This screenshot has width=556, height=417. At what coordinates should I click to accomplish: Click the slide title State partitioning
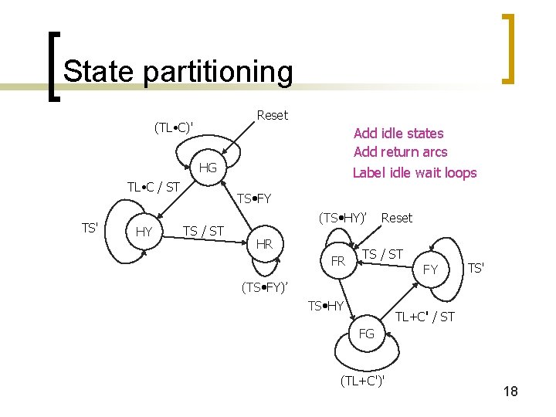[x=178, y=72]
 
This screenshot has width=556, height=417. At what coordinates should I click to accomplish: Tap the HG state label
[x=208, y=168]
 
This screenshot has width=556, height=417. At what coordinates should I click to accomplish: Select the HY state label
[x=144, y=232]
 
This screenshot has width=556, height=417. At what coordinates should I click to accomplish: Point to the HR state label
[x=264, y=244]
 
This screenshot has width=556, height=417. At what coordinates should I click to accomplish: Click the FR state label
[x=337, y=261]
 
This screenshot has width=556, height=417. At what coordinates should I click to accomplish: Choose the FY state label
[x=431, y=270]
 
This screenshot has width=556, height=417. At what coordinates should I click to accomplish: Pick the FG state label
[x=366, y=334]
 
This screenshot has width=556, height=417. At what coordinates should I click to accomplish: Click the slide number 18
[x=510, y=392]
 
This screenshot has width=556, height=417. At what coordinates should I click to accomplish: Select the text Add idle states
[x=398, y=133]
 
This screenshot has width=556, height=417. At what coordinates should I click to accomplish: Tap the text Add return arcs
[x=400, y=152]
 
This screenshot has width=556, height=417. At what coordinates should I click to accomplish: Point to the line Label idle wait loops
[x=415, y=172]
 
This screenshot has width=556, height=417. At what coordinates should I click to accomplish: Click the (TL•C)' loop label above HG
[x=174, y=126]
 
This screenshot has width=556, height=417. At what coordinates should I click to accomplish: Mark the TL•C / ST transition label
[x=153, y=187]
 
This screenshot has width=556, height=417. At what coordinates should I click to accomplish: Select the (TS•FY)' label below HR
[x=265, y=288]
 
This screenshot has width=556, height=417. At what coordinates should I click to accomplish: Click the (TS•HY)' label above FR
[x=342, y=219]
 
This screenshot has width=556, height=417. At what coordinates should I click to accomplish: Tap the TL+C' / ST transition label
[x=425, y=316]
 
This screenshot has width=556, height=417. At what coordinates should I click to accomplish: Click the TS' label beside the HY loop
[x=90, y=227]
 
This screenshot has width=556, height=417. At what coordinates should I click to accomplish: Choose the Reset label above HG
[x=272, y=115]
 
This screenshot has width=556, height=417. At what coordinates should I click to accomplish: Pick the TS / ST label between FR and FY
[x=382, y=254]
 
